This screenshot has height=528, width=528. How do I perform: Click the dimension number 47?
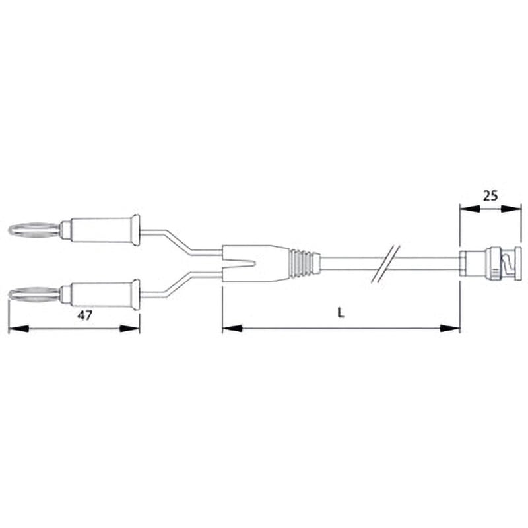[84, 315]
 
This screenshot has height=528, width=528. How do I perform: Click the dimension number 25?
[490, 195]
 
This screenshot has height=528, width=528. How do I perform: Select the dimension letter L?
[341, 315]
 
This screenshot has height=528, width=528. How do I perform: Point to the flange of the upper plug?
[135, 230]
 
